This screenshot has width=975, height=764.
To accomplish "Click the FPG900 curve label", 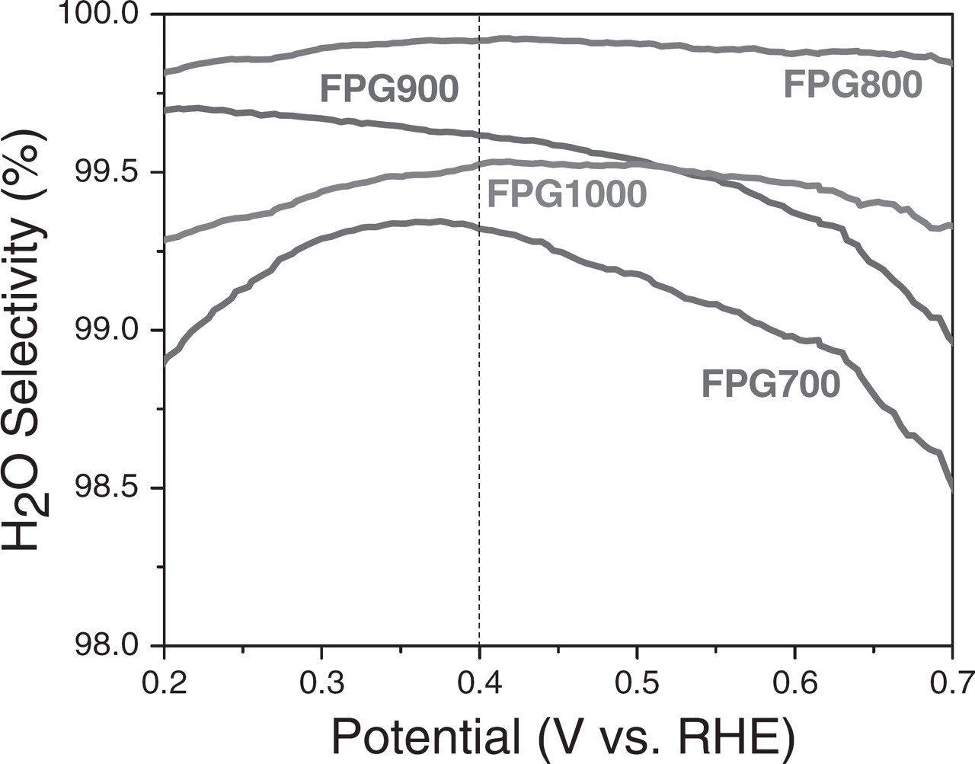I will [x=389, y=90].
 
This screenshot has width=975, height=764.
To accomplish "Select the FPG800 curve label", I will [x=852, y=85].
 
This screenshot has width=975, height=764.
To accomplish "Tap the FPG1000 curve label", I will [x=567, y=194].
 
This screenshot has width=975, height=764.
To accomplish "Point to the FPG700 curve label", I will [x=770, y=384].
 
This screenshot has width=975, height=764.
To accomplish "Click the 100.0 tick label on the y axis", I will [x=98, y=15].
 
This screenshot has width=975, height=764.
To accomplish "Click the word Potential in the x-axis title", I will [x=427, y=736].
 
